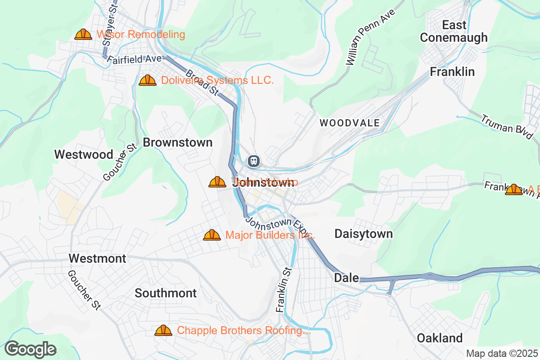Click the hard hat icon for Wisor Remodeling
click(x=83, y=34)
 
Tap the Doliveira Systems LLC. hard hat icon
click(x=148, y=81)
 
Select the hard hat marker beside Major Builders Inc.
click(x=212, y=235)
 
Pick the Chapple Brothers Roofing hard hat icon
click(x=163, y=330)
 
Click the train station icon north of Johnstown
click(x=254, y=161)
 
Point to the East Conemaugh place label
click(x=454, y=31)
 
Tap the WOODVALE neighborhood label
click(x=350, y=123)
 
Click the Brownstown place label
click(x=177, y=143)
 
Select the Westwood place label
click(x=84, y=154)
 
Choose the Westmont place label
click(x=97, y=258)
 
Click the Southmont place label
click(x=166, y=293)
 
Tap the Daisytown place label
click(x=364, y=234)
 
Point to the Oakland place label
click(x=439, y=338)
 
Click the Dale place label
click(x=346, y=278)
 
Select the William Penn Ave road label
click(x=370, y=38)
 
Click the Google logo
click(x=30, y=349)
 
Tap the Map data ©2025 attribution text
click(x=502, y=353)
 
